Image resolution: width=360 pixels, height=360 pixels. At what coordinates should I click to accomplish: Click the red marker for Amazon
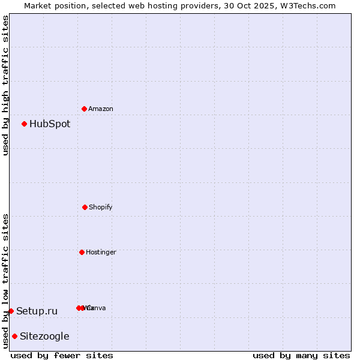pos(85,109)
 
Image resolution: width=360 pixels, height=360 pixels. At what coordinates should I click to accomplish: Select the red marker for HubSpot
pos(25,124)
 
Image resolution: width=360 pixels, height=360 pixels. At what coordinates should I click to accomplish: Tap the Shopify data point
pos(85,207)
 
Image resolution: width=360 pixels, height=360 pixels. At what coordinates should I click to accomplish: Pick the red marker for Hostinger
pos(82,252)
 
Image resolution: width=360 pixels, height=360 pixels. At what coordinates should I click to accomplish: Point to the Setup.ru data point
pos(11,311)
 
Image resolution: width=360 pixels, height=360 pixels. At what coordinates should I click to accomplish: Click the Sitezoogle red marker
pos(14,337)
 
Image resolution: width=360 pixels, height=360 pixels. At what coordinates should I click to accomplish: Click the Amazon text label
pos(101,109)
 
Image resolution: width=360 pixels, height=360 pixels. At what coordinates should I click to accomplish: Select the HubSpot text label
pos(50,124)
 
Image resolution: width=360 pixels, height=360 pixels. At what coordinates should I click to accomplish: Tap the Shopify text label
pos(101,208)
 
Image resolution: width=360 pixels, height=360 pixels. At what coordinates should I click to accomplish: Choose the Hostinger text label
pos(101,253)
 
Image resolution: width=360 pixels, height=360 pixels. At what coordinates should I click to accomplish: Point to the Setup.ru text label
pos(37,311)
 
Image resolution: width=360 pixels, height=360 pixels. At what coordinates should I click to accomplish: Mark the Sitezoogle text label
pos(44,337)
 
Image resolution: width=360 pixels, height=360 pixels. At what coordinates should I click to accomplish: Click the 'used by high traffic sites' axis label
pos(5,85)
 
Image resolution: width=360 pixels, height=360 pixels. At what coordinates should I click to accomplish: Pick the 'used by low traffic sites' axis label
pos(5,281)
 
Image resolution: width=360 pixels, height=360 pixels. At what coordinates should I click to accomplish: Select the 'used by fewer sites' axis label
pos(62,355)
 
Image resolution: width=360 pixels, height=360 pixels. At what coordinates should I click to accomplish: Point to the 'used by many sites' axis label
pos(301,355)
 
